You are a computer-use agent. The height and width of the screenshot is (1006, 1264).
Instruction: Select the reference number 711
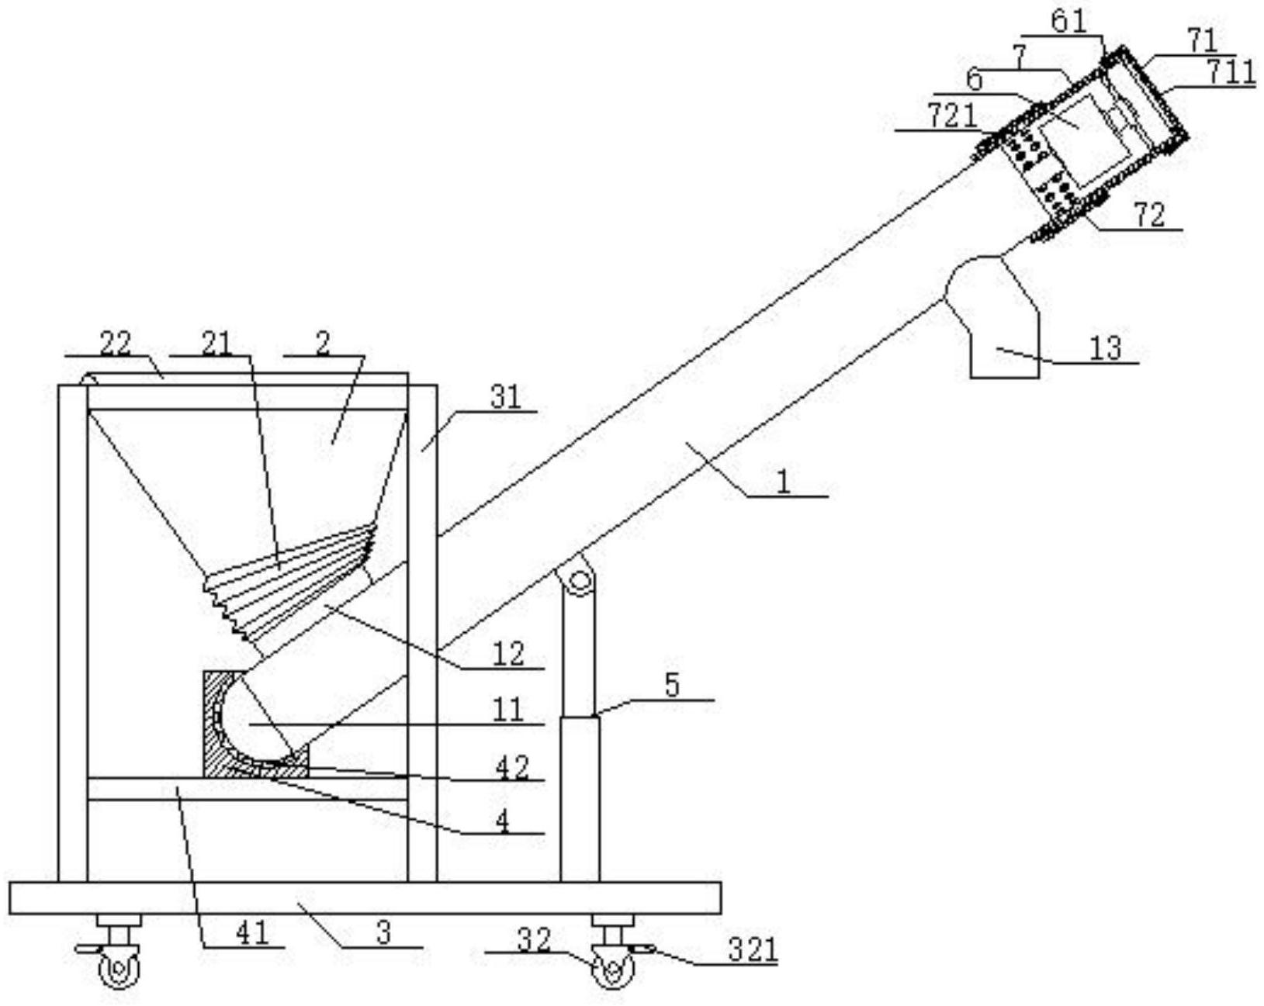coord(1230,73)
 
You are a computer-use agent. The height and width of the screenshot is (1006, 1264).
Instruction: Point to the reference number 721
coord(953,116)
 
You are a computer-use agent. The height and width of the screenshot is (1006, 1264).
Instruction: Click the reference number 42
coord(511,767)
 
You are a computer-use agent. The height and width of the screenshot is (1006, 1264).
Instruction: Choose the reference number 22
coord(116,344)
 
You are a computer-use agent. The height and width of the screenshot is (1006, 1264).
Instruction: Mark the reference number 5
coord(672,686)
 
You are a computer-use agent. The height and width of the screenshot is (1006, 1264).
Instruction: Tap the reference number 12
coord(509,654)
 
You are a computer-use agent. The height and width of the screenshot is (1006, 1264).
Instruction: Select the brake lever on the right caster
coord(640,948)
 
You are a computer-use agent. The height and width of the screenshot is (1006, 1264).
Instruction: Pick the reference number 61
coord(1068,22)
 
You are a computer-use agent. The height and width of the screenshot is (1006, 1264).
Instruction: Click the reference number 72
coord(1149,216)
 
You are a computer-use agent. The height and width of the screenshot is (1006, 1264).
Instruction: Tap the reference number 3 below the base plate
coord(383,932)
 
